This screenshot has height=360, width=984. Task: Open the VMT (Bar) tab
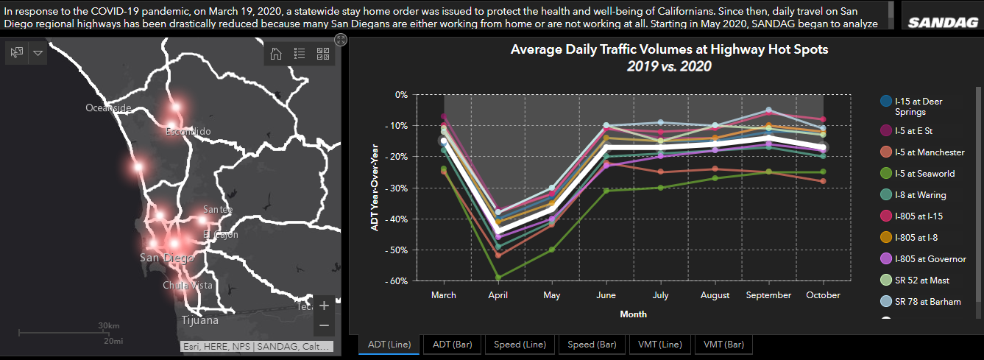pos(722,344)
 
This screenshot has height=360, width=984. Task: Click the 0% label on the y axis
pos(400,94)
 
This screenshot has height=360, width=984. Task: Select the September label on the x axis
pos(768,295)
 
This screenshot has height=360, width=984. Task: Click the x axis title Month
pos(633,314)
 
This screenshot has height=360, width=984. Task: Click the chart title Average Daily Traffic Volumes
pos(669,50)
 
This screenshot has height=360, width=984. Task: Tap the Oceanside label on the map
pos(108,107)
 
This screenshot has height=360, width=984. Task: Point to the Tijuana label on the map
pos(199,320)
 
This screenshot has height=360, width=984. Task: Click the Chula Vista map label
pos(188,285)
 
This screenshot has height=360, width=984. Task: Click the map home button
pos(276,53)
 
